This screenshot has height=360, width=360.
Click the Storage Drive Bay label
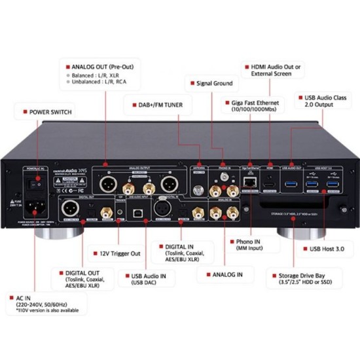click(x=304, y=279)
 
